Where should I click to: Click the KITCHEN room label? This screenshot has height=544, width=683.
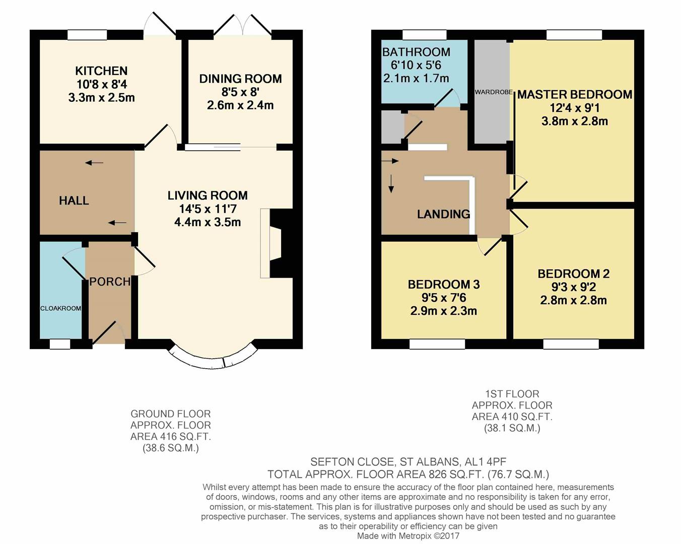click(101, 71)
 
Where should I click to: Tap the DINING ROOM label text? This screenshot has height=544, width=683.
click(240, 79)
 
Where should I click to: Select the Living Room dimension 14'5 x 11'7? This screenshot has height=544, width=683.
click(207, 209)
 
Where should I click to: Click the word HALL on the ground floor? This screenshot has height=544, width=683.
click(74, 200)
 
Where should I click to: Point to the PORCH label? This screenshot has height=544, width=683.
click(110, 282)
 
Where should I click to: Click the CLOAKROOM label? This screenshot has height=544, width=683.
click(60, 308)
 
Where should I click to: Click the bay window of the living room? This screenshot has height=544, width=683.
click(212, 360)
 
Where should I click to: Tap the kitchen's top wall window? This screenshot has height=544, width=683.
click(87, 35)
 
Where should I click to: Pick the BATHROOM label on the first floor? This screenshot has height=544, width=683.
click(416, 52)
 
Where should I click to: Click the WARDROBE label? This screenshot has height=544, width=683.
click(494, 92)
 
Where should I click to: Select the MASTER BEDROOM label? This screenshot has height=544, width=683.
click(575, 95)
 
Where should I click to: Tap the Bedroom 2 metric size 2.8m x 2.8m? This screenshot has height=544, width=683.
click(573, 301)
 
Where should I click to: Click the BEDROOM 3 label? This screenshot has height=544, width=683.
click(444, 285)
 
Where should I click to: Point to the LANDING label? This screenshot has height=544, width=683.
click(443, 214)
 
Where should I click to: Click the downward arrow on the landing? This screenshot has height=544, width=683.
click(391, 184)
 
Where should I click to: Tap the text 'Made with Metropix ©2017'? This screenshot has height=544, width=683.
click(408, 536)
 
